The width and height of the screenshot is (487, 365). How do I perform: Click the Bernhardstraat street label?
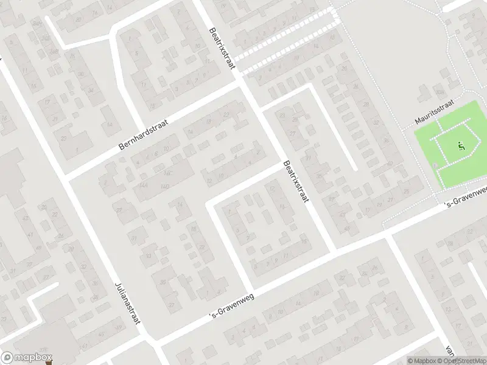pyautogui.click(x=143, y=135)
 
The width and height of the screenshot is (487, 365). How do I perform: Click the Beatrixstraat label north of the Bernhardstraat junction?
pyautogui.click(x=222, y=48)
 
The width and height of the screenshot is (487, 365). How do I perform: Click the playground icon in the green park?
pyautogui.click(x=460, y=146)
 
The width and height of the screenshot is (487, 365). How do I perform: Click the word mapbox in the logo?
pyautogui.click(x=33, y=358)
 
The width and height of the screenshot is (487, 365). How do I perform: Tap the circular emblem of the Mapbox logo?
pyautogui.click(x=7, y=358)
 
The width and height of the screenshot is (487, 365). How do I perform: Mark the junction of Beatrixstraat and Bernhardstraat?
pyautogui.click(x=247, y=90)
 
